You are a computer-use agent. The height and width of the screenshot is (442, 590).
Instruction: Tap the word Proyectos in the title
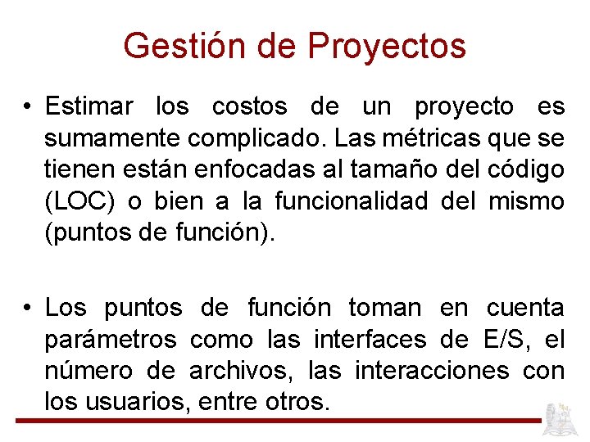coord(387,46)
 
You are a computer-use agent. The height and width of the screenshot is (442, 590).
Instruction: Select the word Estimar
coord(88,106)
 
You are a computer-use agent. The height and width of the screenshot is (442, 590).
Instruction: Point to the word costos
coord(249,106)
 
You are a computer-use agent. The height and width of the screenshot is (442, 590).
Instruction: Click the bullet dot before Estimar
coord(27,107)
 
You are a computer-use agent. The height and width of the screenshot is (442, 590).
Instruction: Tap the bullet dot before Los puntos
coord(27,309)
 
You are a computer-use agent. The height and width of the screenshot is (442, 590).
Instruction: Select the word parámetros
coord(110,339)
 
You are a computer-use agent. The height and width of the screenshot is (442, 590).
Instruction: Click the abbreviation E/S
coord(501,339)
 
